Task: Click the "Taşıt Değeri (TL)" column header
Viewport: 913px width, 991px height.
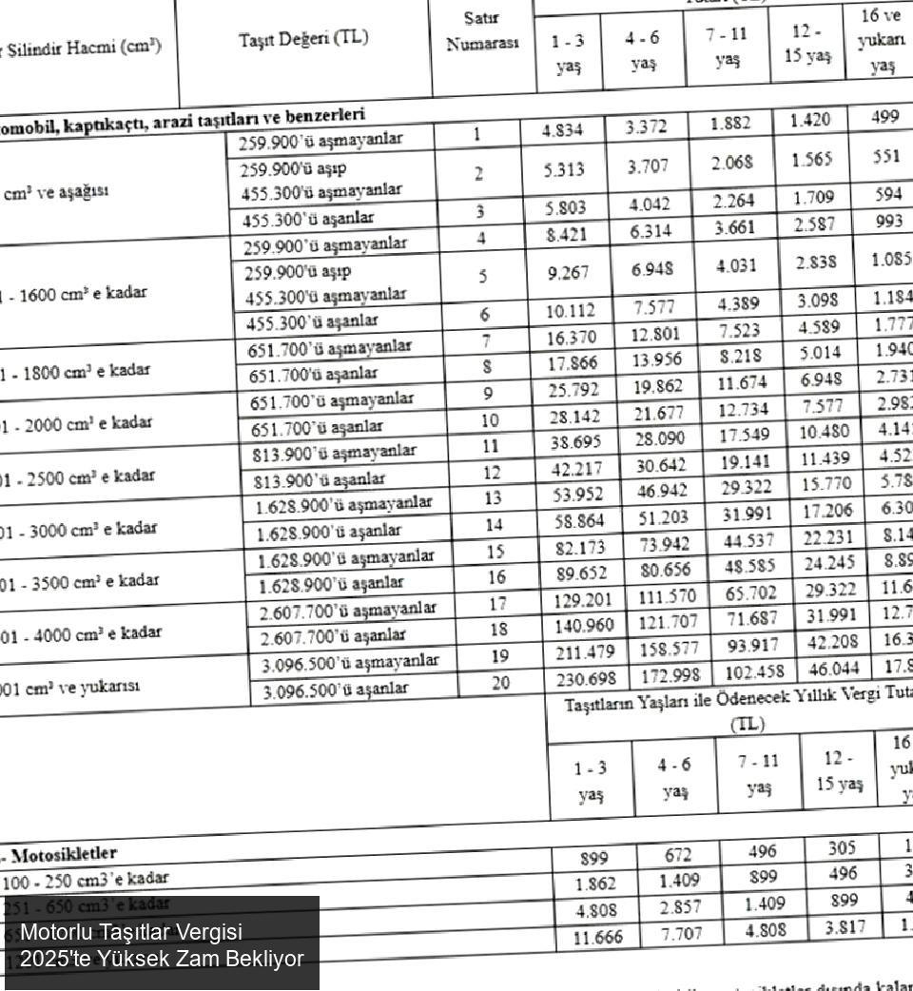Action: (x=303, y=39)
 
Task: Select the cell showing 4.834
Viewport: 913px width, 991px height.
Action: (x=562, y=131)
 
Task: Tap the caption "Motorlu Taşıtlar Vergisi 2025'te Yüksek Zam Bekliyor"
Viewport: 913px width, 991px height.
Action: (x=162, y=944)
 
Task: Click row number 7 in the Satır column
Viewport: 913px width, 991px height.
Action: (x=486, y=340)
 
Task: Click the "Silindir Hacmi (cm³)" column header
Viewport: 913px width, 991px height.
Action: (x=81, y=46)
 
